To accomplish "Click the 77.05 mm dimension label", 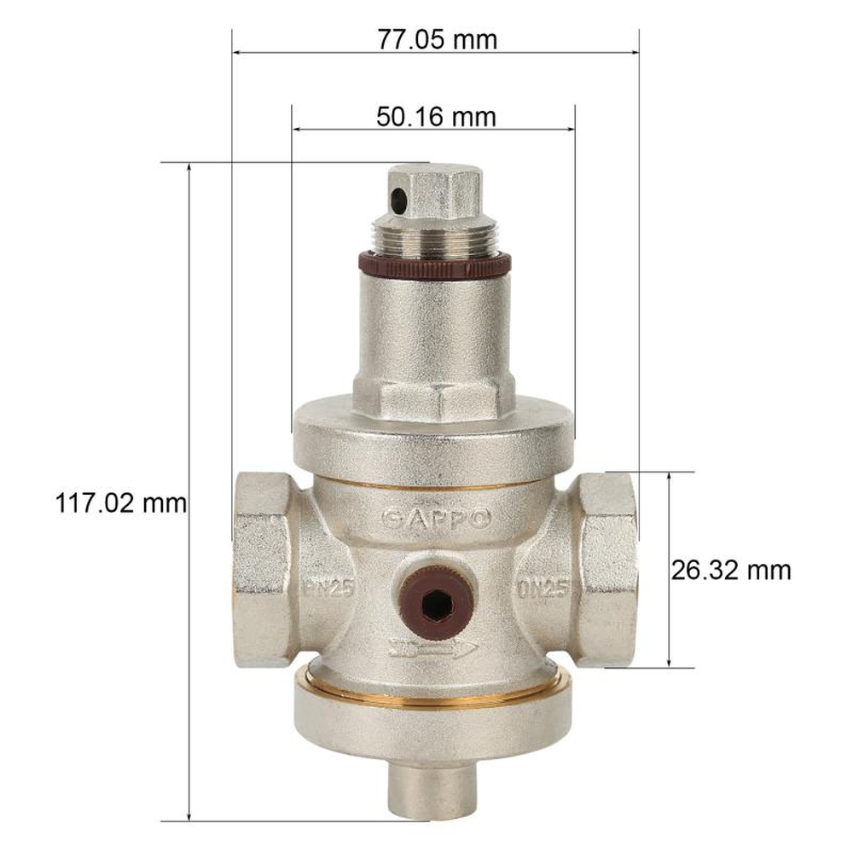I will pyautogui.click(x=436, y=38).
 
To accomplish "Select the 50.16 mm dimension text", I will pyautogui.click(x=435, y=117).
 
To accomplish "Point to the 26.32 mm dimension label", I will pyautogui.click(x=730, y=570).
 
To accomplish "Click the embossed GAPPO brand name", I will pyautogui.click(x=436, y=518).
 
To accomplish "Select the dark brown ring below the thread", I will pyautogui.click(x=434, y=265).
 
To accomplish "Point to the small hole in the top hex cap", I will pyautogui.click(x=398, y=200).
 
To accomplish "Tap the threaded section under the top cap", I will pyautogui.click(x=434, y=236).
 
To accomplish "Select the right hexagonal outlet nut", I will pyautogui.click(x=607, y=567).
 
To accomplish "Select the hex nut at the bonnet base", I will pyautogui.click(x=434, y=398).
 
